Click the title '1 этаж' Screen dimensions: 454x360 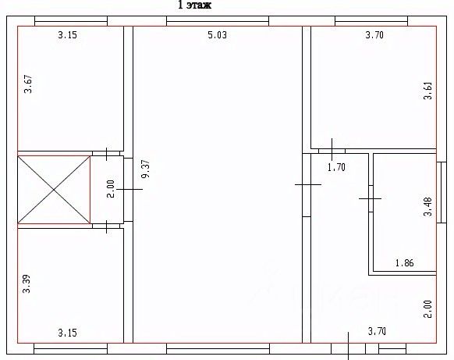pos(194,5)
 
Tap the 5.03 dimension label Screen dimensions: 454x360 pos(218,35)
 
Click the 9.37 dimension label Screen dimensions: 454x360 pos(146,169)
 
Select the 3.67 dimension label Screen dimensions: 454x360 pos(28,84)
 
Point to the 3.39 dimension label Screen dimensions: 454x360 pos(27,284)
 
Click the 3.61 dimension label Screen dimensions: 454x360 pos(428,91)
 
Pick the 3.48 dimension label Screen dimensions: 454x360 pos(428,207)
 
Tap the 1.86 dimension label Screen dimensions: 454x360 pos(405,263)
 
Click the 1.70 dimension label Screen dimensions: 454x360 pos(336,167)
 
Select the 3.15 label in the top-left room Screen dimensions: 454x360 pos(67,35)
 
